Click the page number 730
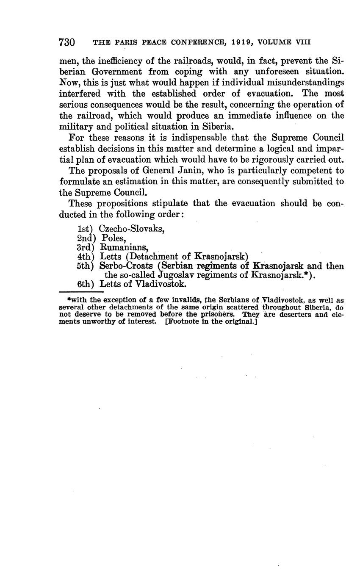(67, 42)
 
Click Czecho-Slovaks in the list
(131, 229)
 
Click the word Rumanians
(124, 247)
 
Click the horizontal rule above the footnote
(81, 292)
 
